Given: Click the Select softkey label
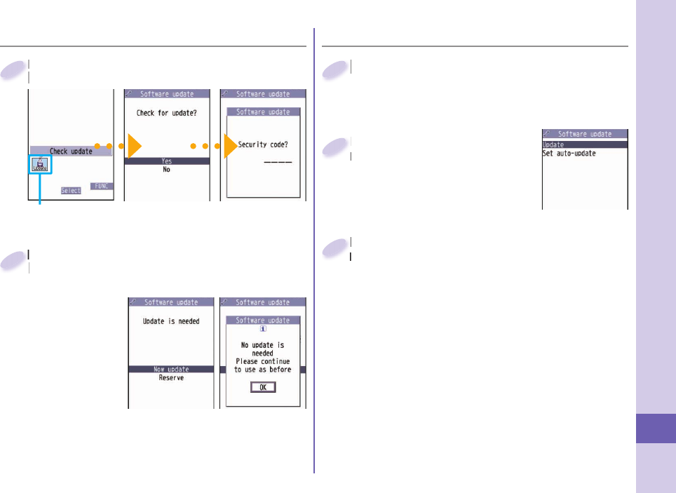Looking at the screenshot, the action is tap(70, 191).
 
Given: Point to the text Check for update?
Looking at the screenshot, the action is tap(167, 114).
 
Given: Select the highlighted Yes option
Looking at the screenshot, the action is tap(167, 161).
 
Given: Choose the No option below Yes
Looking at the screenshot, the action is tap(167, 169).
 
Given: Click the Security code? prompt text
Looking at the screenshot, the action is tap(263, 144).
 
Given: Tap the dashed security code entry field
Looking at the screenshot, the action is tap(277, 162).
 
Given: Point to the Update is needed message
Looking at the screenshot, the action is tap(171, 321).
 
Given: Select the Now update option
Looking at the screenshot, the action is tap(171, 369).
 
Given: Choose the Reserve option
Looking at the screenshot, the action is tap(171, 377).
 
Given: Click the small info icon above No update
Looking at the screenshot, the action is tap(263, 327).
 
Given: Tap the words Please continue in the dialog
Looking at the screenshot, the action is tap(263, 361).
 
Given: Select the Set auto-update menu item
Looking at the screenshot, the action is tap(569, 154).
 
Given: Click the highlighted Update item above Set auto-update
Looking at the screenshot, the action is tap(554, 144).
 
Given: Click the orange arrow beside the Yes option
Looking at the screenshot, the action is tap(134, 147).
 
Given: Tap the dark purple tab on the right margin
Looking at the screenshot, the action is tap(656, 428).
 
